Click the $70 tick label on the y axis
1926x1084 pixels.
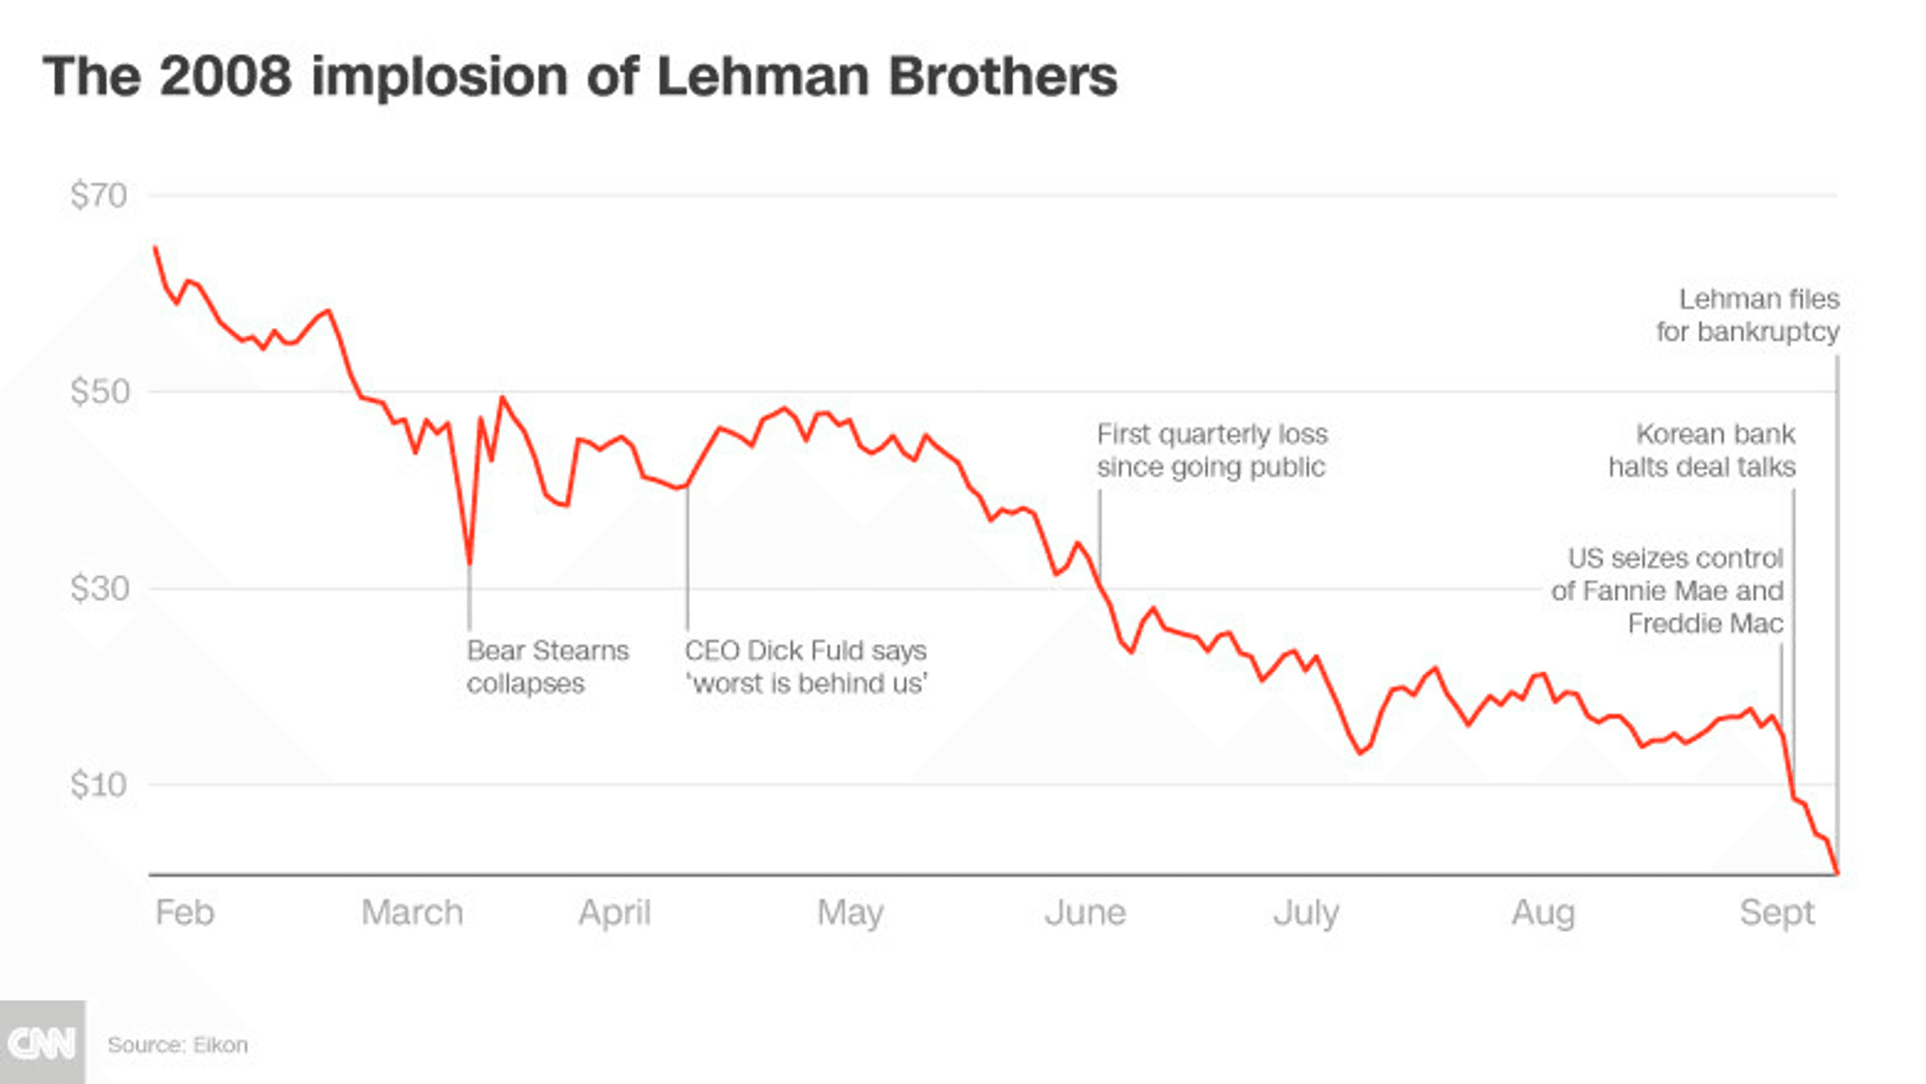tap(99, 196)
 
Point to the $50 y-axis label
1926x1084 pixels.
tap(99, 392)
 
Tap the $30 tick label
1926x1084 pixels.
tap(99, 588)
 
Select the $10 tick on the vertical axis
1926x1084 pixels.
tap(99, 785)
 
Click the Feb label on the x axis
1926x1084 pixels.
tap(184, 912)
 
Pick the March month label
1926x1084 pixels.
tap(412, 912)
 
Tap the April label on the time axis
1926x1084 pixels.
tap(614, 913)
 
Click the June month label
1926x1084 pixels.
tap(1085, 912)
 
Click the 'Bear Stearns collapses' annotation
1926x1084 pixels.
tap(547, 666)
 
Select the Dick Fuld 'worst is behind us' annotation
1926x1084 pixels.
tap(806, 666)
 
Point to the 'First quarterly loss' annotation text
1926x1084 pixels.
tap(1212, 450)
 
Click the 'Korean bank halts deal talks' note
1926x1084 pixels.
tap(1702, 450)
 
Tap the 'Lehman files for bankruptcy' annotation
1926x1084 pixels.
tap(1748, 315)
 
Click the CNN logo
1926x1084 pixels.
tap(42, 1043)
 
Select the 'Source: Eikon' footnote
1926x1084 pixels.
tap(178, 1045)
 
